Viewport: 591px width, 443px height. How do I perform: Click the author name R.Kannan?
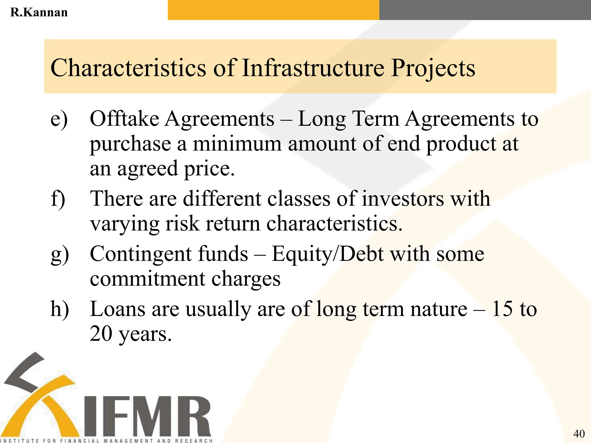click(x=39, y=12)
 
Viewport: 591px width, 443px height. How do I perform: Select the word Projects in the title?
click(x=433, y=68)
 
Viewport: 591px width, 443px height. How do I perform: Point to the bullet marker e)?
click(x=59, y=119)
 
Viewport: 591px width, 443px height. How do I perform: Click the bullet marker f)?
click(x=58, y=199)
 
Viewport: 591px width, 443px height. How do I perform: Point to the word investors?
click(x=403, y=199)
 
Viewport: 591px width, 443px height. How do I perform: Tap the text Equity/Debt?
click(x=328, y=255)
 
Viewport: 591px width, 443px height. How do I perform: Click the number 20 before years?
click(x=101, y=334)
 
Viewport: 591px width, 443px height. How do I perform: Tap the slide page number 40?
click(x=579, y=433)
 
